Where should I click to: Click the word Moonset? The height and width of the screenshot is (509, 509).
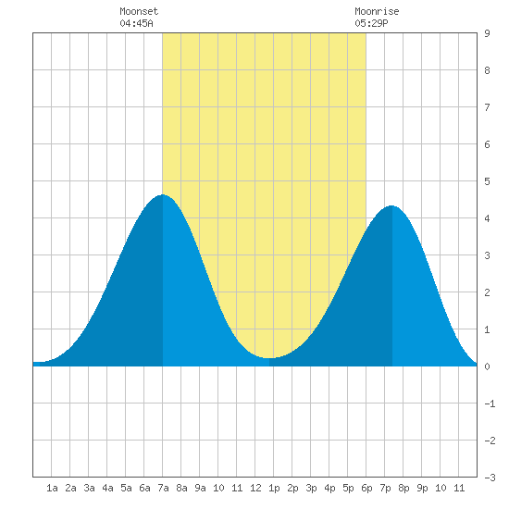click(x=139, y=11)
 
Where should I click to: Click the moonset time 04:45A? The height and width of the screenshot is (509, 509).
click(x=136, y=23)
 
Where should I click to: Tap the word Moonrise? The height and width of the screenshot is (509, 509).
click(x=377, y=11)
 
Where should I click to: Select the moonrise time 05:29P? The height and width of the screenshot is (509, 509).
click(x=371, y=23)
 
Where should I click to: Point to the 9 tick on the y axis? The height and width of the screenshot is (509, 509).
click(x=487, y=33)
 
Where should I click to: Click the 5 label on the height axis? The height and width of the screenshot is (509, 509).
click(x=487, y=181)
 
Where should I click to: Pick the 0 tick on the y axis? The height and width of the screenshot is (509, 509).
click(x=487, y=366)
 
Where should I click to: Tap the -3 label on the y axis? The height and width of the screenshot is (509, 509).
click(x=490, y=478)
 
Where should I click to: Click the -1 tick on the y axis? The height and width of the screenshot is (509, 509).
click(x=490, y=403)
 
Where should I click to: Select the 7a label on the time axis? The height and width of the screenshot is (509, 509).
click(x=163, y=488)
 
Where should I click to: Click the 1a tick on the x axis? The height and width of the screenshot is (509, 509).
click(x=52, y=488)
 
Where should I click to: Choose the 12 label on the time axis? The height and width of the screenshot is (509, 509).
click(x=255, y=488)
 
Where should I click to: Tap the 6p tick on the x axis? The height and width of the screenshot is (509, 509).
click(x=366, y=488)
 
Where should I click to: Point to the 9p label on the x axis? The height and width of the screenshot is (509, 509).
click(x=422, y=488)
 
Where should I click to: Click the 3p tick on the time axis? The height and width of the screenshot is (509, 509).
click(x=311, y=488)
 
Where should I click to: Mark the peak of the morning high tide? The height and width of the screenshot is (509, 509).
click(x=162, y=194)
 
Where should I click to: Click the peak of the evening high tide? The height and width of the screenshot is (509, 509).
click(x=391, y=205)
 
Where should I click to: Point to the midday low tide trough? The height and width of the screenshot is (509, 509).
click(x=269, y=358)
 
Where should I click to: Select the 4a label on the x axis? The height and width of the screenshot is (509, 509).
click(x=107, y=488)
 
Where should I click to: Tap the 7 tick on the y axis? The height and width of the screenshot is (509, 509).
click(x=487, y=107)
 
